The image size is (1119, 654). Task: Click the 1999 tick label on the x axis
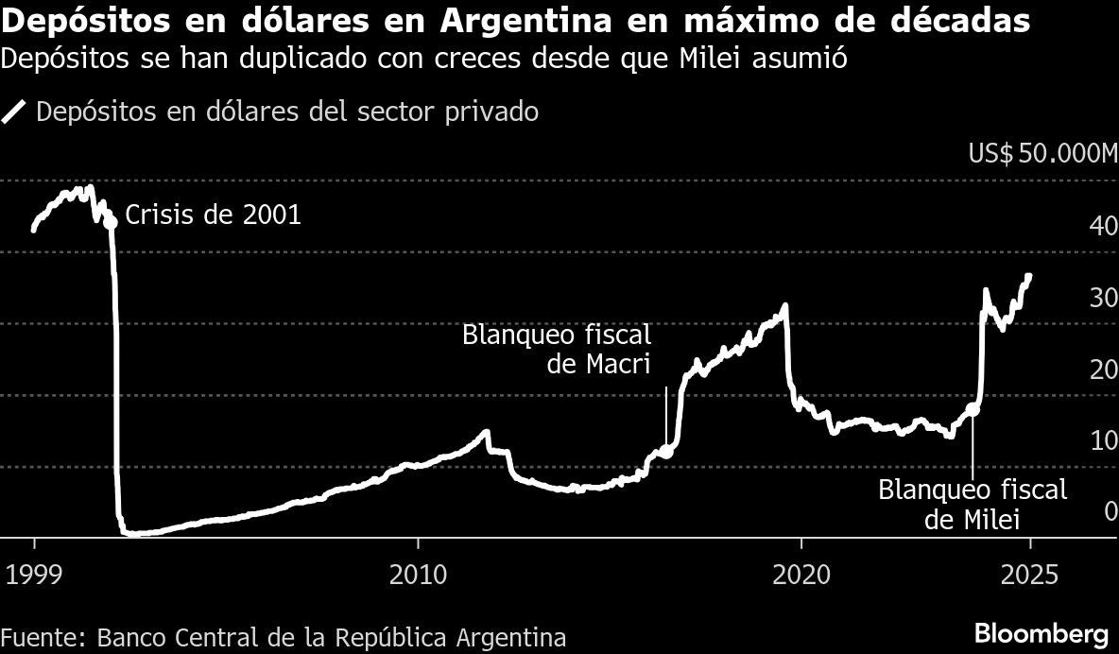[35, 574]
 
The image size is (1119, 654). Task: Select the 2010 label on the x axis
[417, 574]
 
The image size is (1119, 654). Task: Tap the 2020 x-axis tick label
[801, 574]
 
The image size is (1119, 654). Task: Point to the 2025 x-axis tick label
[1031, 574]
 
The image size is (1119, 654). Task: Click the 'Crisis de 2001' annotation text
[213, 215]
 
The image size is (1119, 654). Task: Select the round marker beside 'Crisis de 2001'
[111, 221]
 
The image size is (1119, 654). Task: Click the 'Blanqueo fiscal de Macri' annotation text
[557, 350]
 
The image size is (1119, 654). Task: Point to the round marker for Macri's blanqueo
[665, 452]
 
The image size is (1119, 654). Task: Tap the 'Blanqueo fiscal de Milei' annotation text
[973, 504]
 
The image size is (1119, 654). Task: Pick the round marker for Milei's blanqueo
[973, 410]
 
